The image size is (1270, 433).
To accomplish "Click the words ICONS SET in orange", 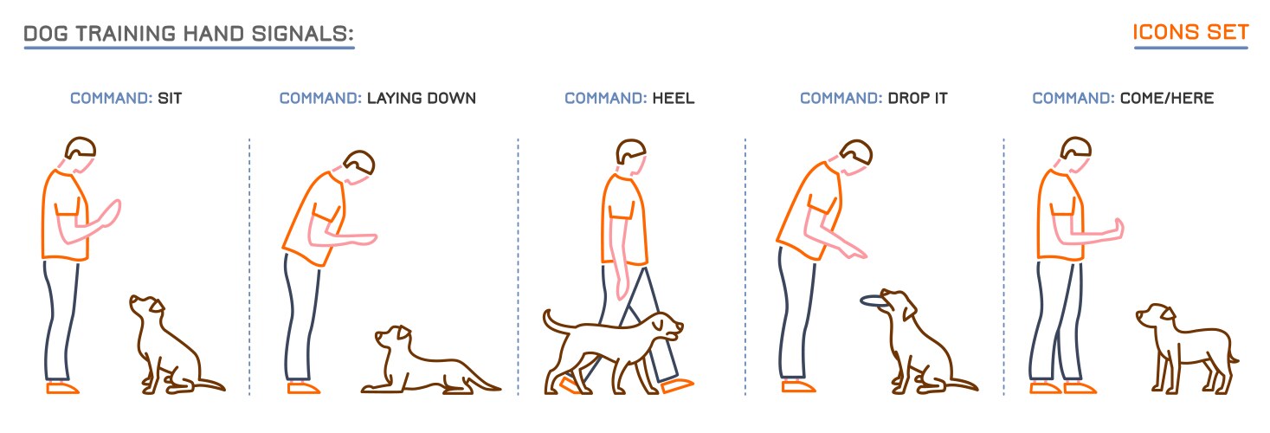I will (1190, 33).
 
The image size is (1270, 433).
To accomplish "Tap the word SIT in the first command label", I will (170, 99).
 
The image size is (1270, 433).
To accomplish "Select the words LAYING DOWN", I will (421, 99).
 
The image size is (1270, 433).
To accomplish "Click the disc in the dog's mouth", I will (874, 301).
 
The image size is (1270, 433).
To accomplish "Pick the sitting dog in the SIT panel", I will (169, 351).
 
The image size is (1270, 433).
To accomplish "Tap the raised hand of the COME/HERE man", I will (1119, 227).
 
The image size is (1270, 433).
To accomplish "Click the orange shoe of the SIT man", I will (62, 388).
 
